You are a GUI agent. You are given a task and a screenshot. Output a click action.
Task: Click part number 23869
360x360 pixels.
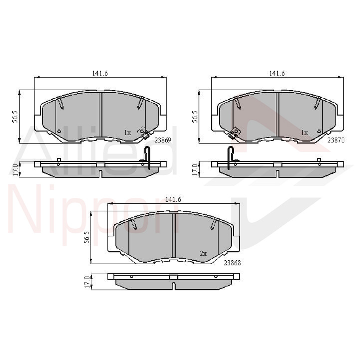point(163,140)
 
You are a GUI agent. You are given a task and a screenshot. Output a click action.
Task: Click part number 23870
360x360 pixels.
point(336,140)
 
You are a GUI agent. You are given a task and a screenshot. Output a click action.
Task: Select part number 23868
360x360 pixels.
point(232,262)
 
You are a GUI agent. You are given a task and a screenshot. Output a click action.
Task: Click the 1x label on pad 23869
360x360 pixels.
point(127,133)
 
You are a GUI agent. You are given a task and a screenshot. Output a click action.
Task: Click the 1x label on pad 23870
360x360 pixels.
point(304,133)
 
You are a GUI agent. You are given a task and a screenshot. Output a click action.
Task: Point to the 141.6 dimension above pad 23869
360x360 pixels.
point(100,73)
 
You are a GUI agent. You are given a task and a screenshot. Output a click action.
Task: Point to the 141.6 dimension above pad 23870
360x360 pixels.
point(277,73)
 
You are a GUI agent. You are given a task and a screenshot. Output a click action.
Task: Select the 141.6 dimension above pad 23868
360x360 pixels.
point(173,199)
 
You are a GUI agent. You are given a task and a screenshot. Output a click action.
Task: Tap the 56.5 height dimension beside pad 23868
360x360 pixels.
point(87,238)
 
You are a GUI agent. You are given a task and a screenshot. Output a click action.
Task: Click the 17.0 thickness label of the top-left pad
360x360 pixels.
point(15,169)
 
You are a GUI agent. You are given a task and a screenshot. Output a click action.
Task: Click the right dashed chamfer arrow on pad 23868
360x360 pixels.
point(213,224)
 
